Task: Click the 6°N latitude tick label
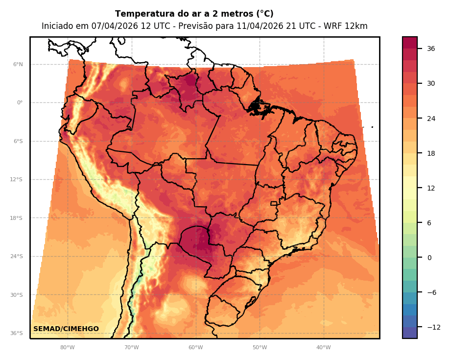[x=18, y=64]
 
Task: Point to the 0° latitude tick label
[x=20, y=103]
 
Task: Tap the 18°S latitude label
[x=17, y=218]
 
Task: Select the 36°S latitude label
[x=17, y=334]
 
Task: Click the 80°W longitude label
[x=67, y=347]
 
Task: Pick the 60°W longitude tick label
[x=195, y=347]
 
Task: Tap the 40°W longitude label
[x=323, y=347]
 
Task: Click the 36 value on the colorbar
[x=431, y=48]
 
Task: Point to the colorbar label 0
[x=429, y=258]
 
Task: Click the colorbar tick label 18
[x=431, y=153]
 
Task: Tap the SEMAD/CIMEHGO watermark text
[x=66, y=329]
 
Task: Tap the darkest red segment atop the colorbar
[x=410, y=43]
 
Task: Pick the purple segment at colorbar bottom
[x=410, y=333]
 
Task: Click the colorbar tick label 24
[x=431, y=119]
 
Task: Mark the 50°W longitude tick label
[x=260, y=347]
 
